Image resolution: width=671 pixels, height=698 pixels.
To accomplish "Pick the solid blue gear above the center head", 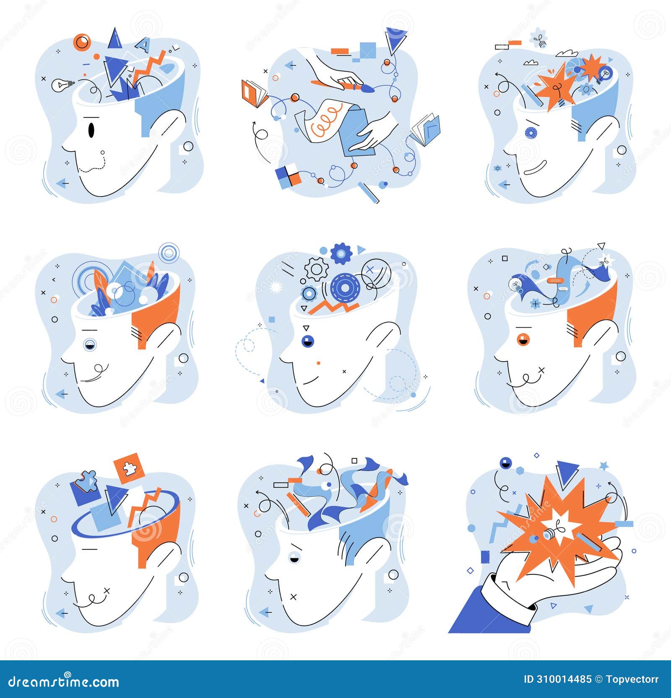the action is pos(341,253).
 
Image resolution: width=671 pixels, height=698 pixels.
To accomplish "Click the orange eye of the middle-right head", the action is pos(523,339).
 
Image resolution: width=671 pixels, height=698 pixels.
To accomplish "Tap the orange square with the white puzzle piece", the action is pos(129,468).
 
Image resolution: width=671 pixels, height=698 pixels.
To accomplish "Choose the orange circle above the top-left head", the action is pos(82,42).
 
